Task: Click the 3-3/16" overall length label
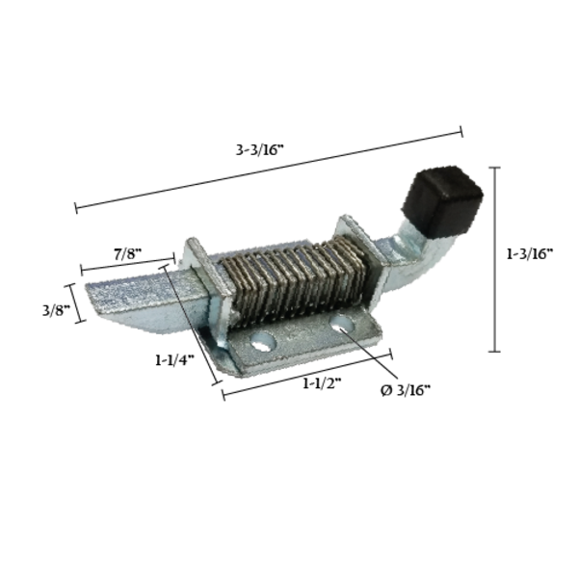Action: [x=260, y=150]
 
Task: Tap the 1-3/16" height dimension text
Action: [x=530, y=253]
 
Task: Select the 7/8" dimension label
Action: [x=127, y=254]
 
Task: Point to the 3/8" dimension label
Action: [x=56, y=310]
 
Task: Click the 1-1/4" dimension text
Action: [x=174, y=359]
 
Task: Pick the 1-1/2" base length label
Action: [x=322, y=383]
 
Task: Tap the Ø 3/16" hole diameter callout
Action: [x=406, y=390]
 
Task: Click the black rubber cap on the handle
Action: [x=442, y=201]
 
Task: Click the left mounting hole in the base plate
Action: [x=264, y=341]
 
